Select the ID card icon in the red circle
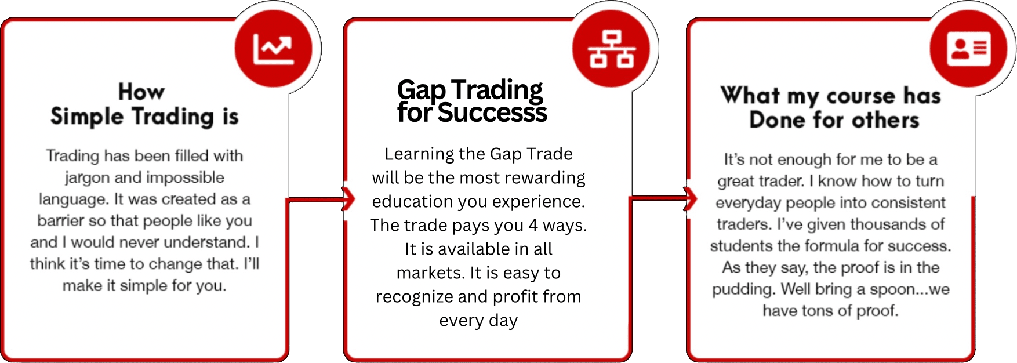click(x=969, y=48)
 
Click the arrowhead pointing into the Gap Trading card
click(x=349, y=199)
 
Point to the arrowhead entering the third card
click(x=691, y=199)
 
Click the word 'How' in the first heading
click(x=141, y=92)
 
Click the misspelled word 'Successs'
click(x=492, y=112)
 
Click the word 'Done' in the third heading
click(x=778, y=120)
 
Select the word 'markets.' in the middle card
click(x=431, y=273)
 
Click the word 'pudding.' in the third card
click(x=744, y=289)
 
